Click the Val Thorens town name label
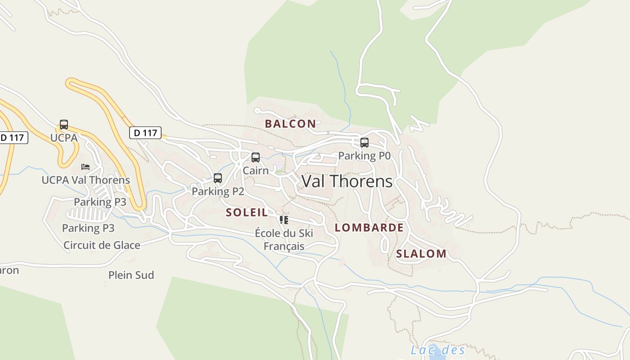tap(347, 181)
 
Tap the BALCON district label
tap(290, 124)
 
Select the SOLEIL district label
tap(247, 212)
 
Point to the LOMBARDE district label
tap(369, 228)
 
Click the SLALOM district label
tap(421, 254)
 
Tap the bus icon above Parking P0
tap(364, 143)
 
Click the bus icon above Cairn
tap(256, 157)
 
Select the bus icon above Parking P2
tap(218, 178)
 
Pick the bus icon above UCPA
tap(64, 125)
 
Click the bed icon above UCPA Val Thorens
tap(85, 167)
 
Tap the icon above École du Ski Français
tap(283, 220)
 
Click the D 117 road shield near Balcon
tap(145, 133)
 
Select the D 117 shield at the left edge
tap(13, 138)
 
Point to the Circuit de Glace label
tap(102, 245)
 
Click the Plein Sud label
tap(131, 275)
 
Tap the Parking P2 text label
tap(218, 192)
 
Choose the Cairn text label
tap(256, 171)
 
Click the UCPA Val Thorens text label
tap(85, 180)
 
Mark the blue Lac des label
tap(438, 350)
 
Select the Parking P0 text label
tap(364, 156)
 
